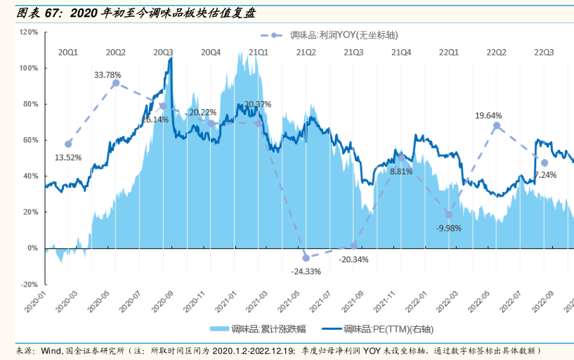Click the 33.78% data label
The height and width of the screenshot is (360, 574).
[x=107, y=75]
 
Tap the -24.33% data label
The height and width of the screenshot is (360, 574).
[x=306, y=271]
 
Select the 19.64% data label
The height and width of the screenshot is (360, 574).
[x=488, y=115]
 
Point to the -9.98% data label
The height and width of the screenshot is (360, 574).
[x=449, y=228]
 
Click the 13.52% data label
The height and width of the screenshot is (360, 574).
[x=68, y=157]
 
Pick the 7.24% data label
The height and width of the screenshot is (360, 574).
[x=545, y=174]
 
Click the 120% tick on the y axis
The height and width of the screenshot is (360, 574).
[x=29, y=32]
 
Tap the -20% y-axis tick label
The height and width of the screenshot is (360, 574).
[x=29, y=284]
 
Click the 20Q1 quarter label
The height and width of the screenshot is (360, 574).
[x=68, y=52]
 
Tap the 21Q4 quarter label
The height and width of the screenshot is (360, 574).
[x=402, y=52]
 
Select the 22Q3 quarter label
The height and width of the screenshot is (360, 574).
[x=544, y=52]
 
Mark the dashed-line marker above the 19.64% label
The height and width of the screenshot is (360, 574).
[x=496, y=126]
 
